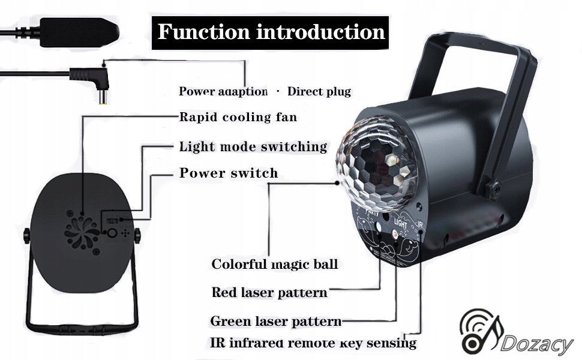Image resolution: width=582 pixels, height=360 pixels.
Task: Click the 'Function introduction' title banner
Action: pos(271,31)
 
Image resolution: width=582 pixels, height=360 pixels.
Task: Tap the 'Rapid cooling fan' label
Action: pos(238,117)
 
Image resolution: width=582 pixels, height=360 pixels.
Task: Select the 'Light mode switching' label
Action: pos(253,147)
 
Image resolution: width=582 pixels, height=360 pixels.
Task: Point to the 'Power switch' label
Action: pos(229,173)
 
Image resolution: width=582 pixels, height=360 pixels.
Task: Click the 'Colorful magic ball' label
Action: pos(274,264)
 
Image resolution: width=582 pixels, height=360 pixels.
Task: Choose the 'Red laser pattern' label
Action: pos(269,293)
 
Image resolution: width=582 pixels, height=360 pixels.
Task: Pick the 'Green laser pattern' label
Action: pos(275,321)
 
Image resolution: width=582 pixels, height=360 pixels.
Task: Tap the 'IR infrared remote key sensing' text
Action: pos(313,343)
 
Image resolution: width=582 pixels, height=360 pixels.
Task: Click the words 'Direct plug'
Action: pos(319,91)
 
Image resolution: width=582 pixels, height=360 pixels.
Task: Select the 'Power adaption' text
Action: pos(223,91)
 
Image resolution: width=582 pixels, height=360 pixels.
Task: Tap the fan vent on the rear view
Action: pos(82,232)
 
